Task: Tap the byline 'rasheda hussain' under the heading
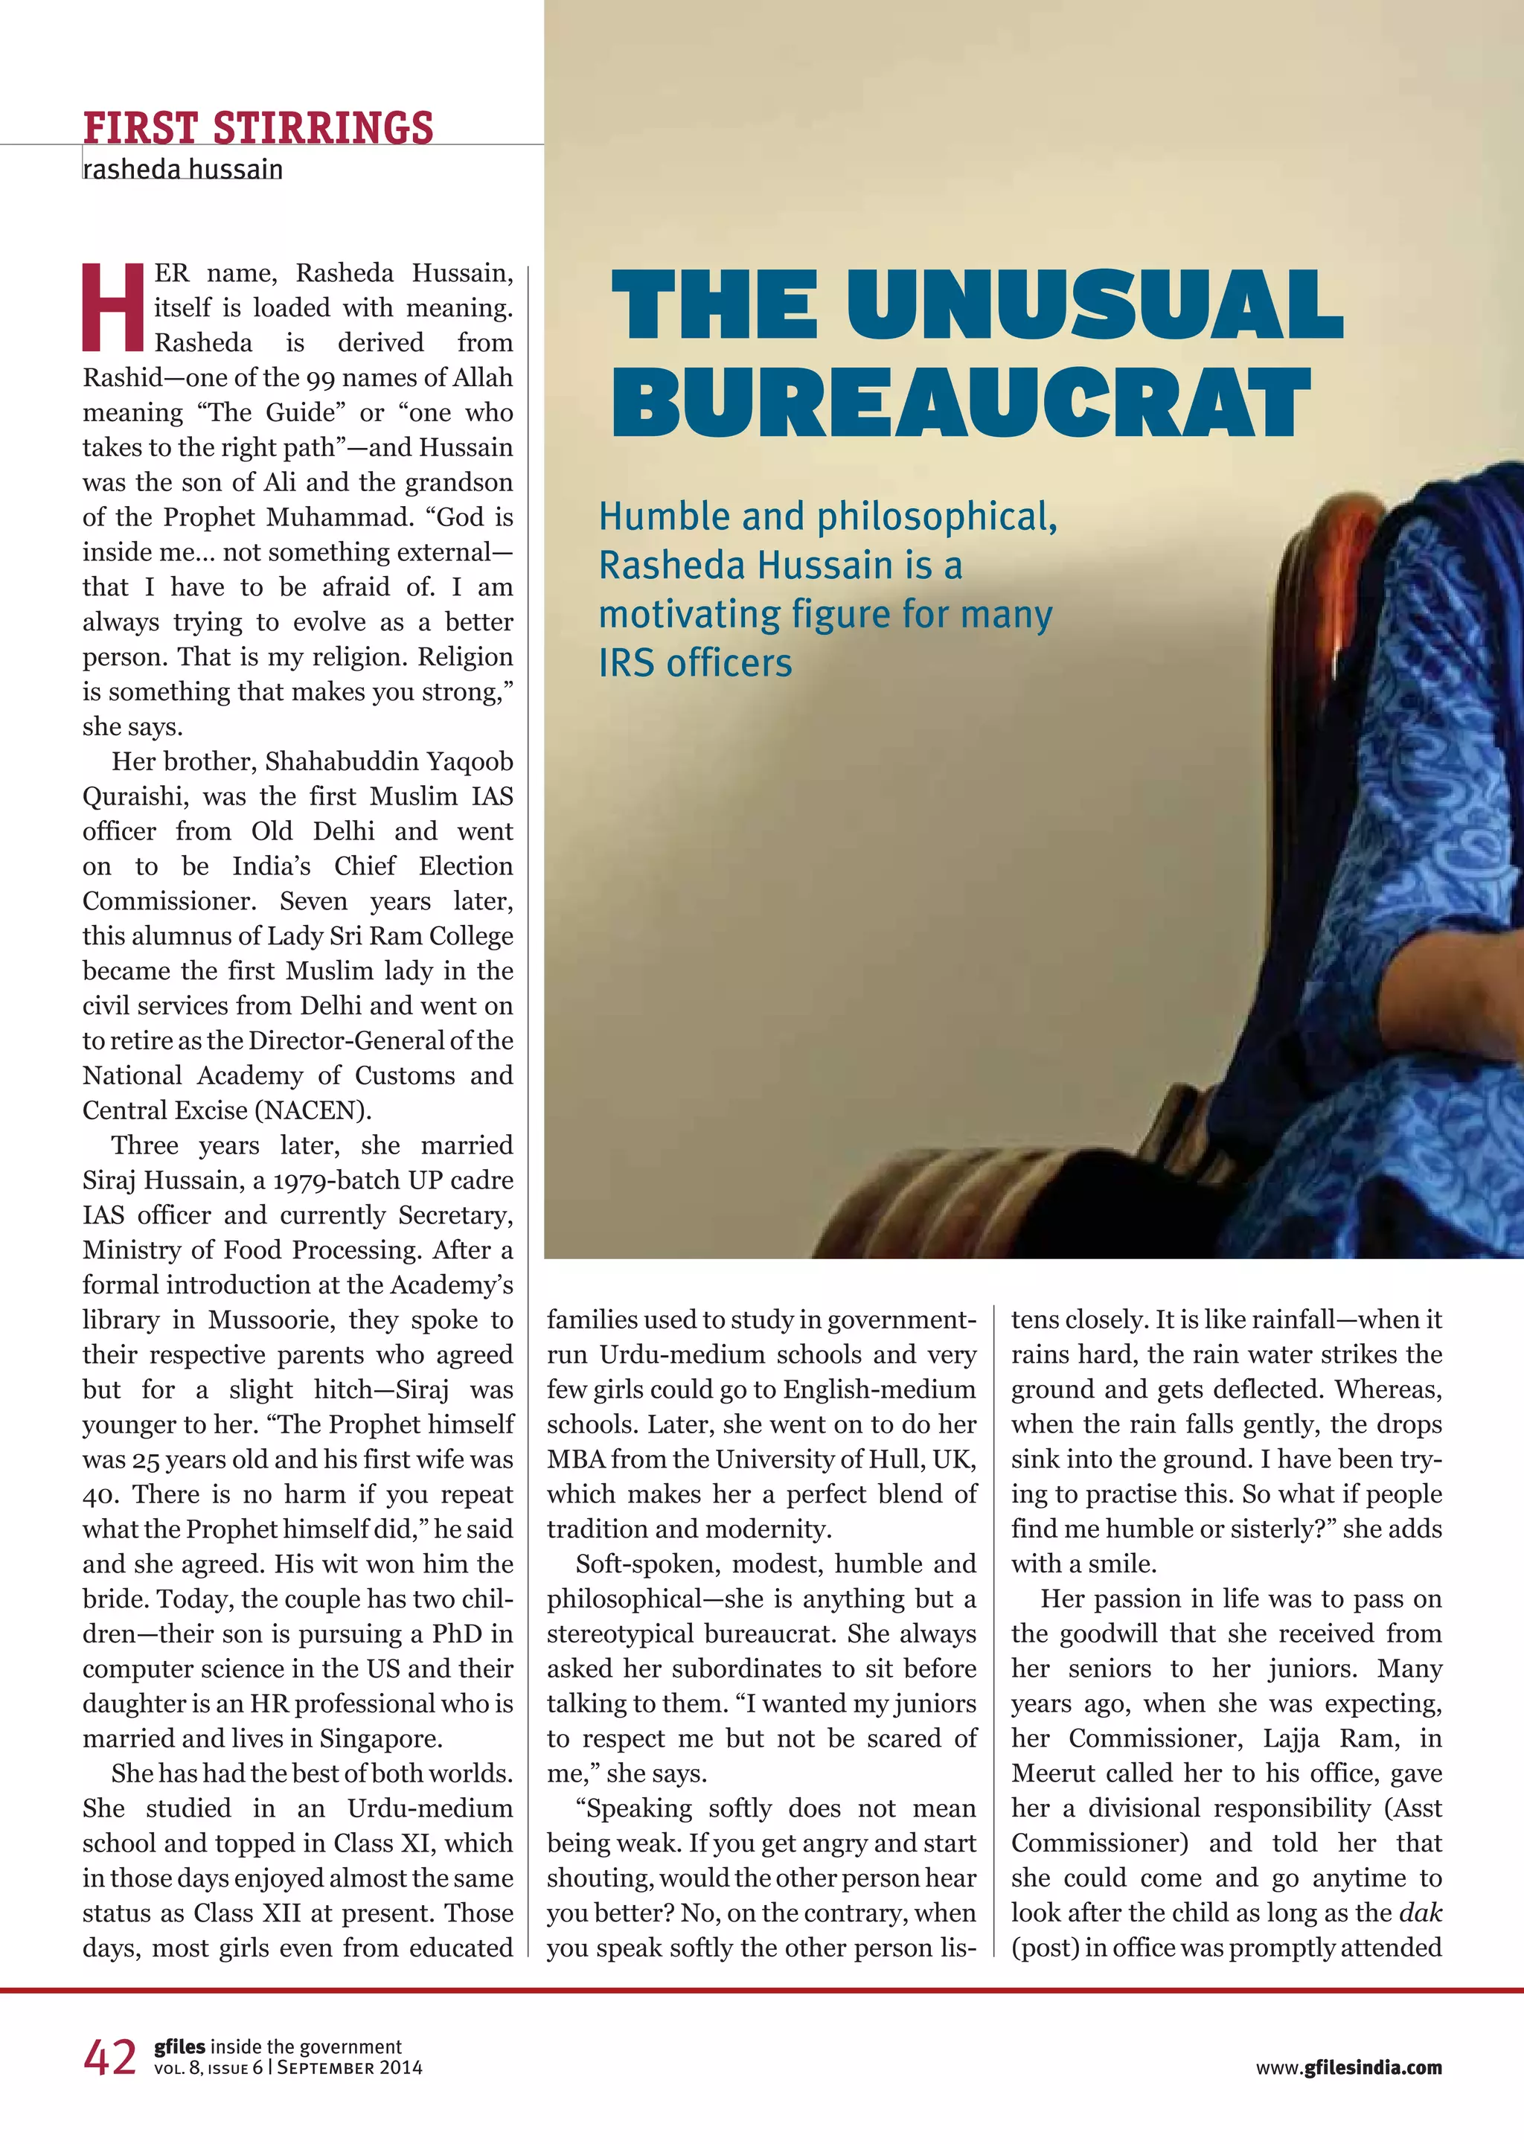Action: click(183, 170)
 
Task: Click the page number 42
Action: click(110, 2058)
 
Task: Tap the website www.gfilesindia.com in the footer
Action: click(1348, 2067)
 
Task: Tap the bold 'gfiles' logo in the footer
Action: click(179, 2047)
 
